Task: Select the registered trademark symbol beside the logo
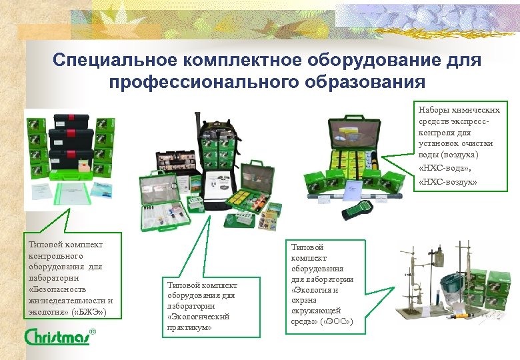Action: (93, 331)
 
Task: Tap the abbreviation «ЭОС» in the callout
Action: (335, 323)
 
